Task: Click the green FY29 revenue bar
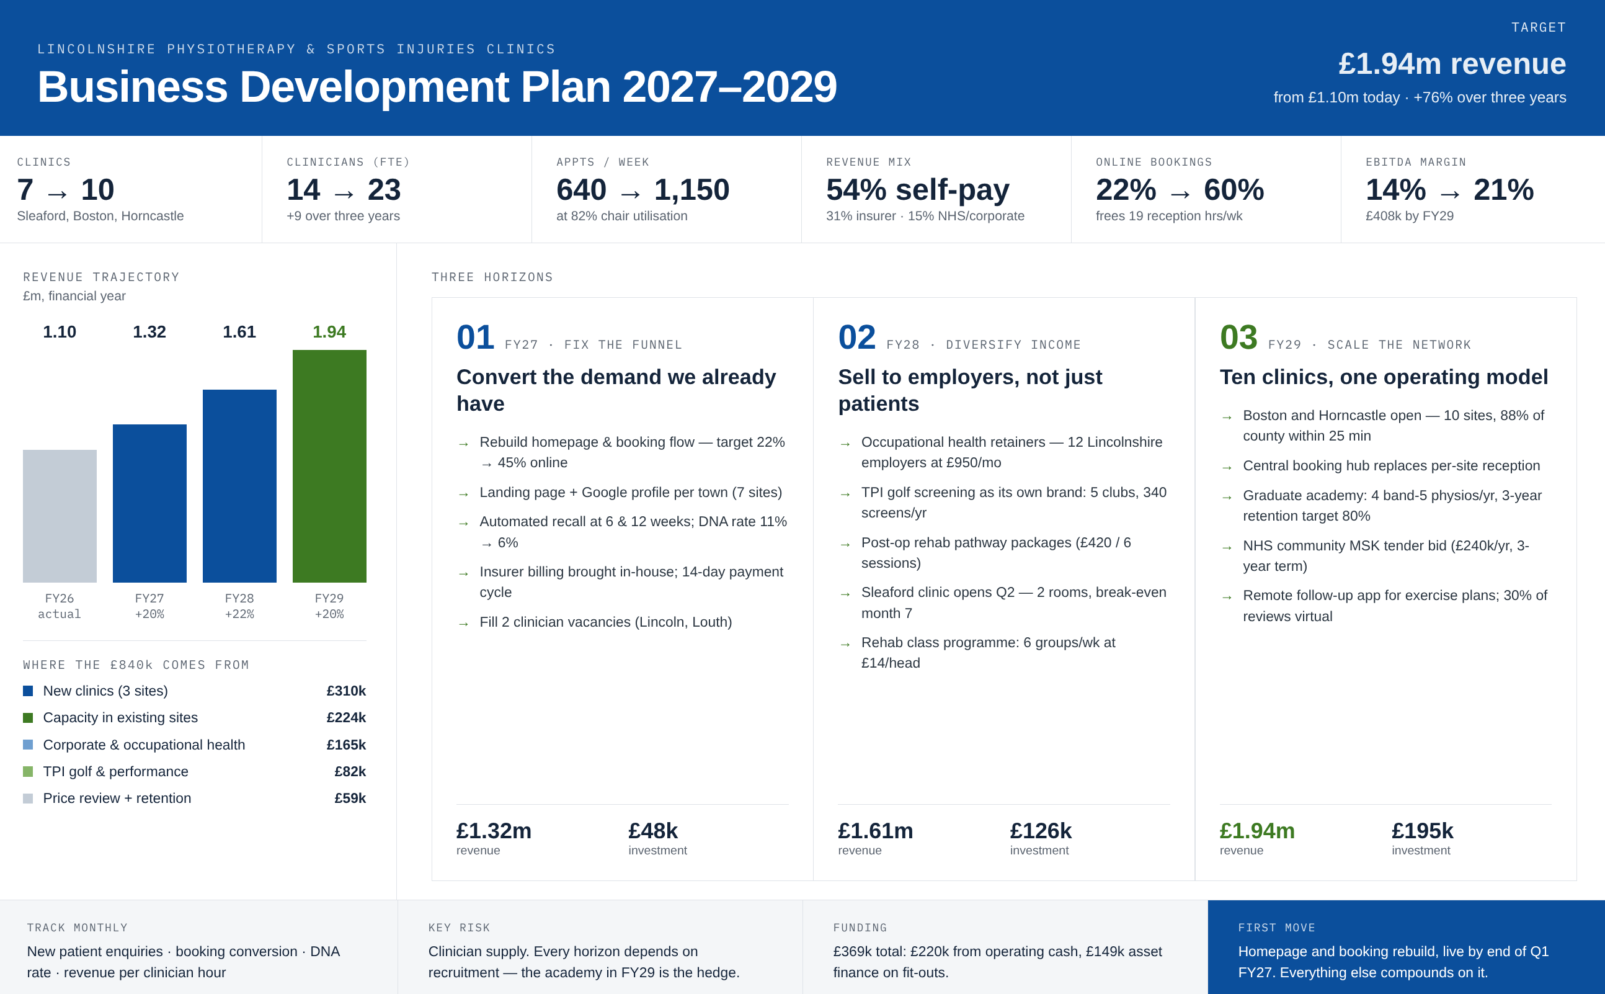pyautogui.click(x=329, y=466)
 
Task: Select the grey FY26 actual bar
pyautogui.click(x=60, y=516)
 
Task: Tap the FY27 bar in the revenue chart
pyautogui.click(x=150, y=504)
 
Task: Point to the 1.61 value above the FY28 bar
pyautogui.click(x=239, y=332)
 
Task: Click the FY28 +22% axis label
pyautogui.click(x=239, y=606)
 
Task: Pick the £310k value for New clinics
pyautogui.click(x=346, y=691)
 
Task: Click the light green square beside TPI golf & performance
pyautogui.click(x=27, y=771)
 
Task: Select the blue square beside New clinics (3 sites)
pyautogui.click(x=27, y=691)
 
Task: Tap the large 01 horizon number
pyautogui.click(x=476, y=338)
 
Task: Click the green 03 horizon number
pyautogui.click(x=1238, y=338)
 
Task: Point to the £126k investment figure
pyautogui.click(x=1041, y=831)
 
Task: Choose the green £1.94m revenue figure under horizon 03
pyautogui.click(x=1257, y=831)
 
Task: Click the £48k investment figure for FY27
pyautogui.click(x=653, y=831)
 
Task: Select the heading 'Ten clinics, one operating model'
pyautogui.click(x=1384, y=377)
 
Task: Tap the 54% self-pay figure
pyautogui.click(x=918, y=190)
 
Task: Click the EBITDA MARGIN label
pyautogui.click(x=1416, y=162)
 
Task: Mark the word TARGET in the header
pyautogui.click(x=1539, y=27)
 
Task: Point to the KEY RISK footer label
pyautogui.click(x=459, y=928)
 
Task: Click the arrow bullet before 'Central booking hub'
pyautogui.click(x=1227, y=467)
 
